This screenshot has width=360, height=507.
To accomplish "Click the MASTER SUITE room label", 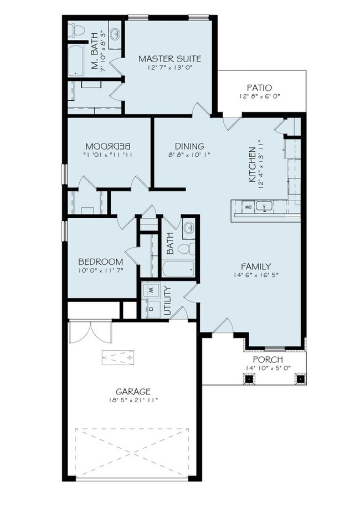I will (x=169, y=58).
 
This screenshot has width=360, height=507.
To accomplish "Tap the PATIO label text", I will (x=259, y=87).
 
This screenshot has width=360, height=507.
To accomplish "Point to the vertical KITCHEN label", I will (x=252, y=165).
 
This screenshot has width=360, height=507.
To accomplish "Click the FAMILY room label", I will (x=255, y=265).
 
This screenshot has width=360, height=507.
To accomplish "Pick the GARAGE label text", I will (x=133, y=391).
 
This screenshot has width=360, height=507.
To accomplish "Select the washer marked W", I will (x=150, y=290).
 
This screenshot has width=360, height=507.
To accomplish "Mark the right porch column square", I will (x=300, y=380).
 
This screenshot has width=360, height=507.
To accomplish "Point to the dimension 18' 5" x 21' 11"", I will (x=133, y=400).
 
